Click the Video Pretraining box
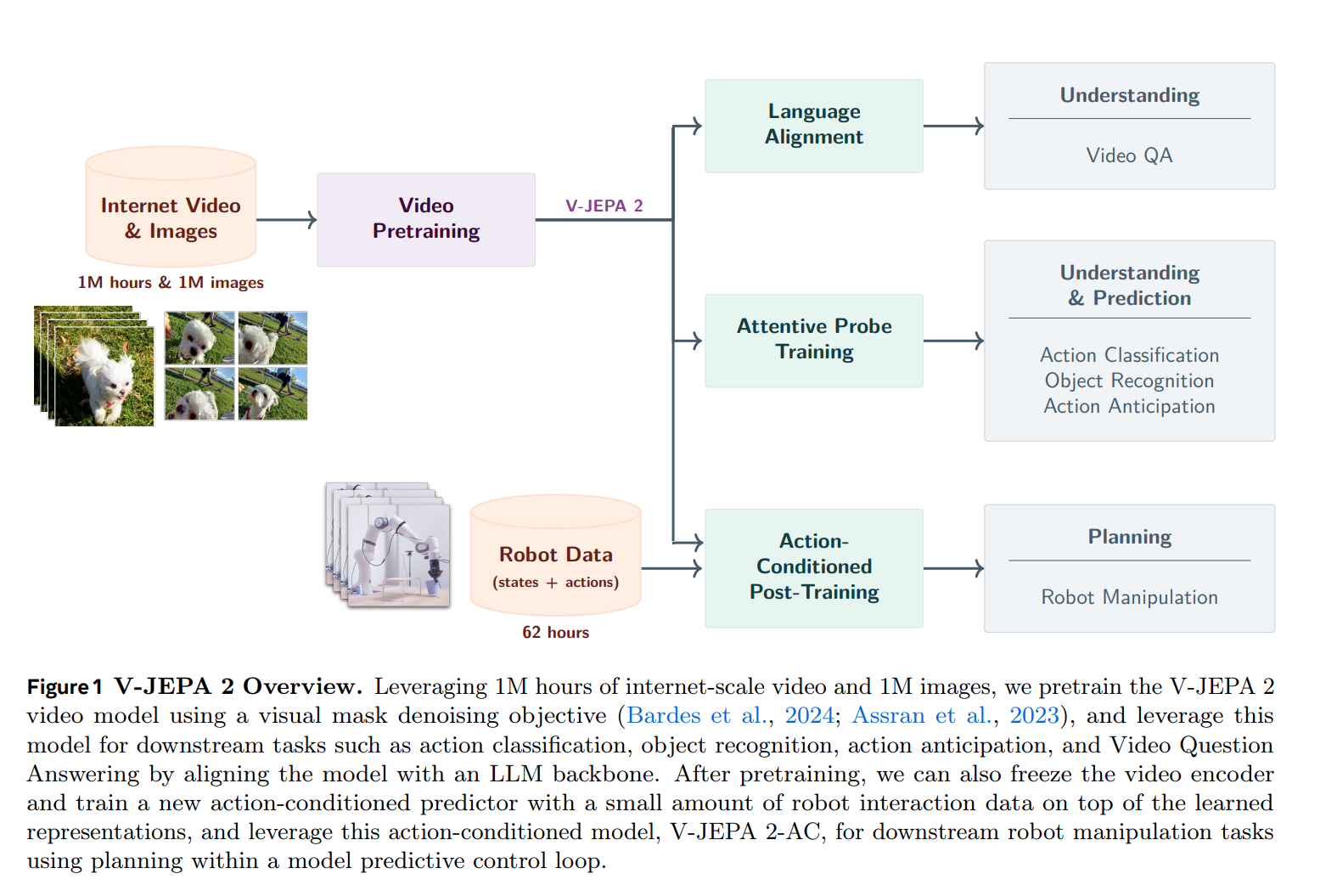(425, 219)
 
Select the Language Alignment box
(813, 126)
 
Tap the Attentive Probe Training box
(813, 340)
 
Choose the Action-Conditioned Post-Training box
(813, 567)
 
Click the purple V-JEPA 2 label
(604, 206)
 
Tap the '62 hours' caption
(555, 633)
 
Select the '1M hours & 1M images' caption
(171, 283)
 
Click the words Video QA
(1129, 155)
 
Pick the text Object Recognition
(1129, 380)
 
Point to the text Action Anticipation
(1129, 406)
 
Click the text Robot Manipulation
(1129, 597)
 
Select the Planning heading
(1129, 537)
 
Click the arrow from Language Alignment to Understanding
(952, 126)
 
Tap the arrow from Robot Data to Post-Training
(671, 568)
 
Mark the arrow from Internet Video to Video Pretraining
(286, 220)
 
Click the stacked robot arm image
(390, 545)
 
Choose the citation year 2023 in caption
(1034, 715)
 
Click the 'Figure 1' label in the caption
(65, 687)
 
